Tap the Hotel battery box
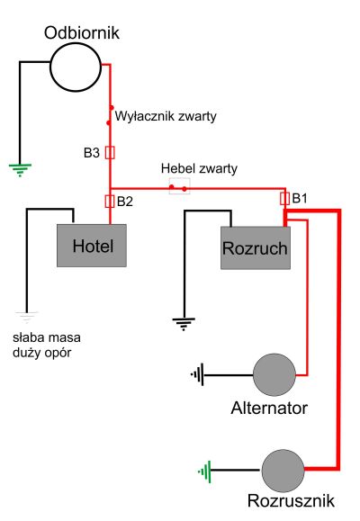click(92, 246)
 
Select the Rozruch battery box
click(256, 247)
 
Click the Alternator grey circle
click(274, 374)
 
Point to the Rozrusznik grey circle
click(283, 471)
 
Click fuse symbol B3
click(110, 153)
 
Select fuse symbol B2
click(110, 202)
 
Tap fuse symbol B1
click(285, 199)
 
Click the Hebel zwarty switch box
click(179, 186)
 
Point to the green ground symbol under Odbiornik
click(20, 169)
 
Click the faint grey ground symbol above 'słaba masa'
click(27, 318)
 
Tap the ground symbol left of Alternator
click(197, 375)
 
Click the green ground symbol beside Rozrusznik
click(205, 472)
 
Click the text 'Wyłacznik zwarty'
click(166, 116)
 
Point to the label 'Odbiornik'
click(81, 33)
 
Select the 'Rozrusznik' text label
click(292, 500)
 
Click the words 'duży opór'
click(42, 353)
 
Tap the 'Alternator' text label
click(269, 408)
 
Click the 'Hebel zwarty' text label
click(199, 168)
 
